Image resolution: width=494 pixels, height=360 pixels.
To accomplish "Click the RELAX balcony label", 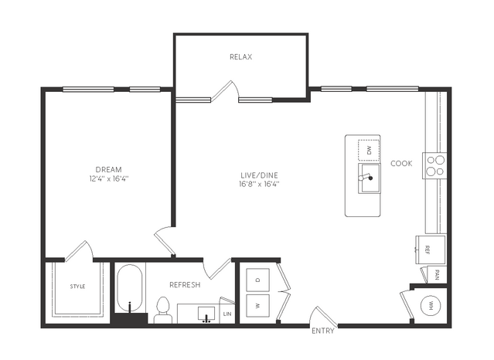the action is pyautogui.click(x=241, y=57).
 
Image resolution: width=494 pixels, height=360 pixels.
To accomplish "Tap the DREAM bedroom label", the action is pyautogui.click(x=109, y=169).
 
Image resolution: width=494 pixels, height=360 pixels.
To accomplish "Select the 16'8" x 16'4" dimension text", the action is pyautogui.click(x=259, y=184).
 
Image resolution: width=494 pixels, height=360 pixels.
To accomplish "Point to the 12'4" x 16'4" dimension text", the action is pyautogui.click(x=109, y=179).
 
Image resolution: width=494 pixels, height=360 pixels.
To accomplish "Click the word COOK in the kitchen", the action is pyautogui.click(x=401, y=164).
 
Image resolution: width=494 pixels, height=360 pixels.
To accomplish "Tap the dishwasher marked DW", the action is pyautogui.click(x=369, y=150).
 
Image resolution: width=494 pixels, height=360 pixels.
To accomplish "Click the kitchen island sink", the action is pyautogui.click(x=369, y=178).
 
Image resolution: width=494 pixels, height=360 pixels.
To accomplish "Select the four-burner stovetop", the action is pyautogui.click(x=434, y=165).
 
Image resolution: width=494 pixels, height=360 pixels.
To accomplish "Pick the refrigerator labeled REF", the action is pyautogui.click(x=431, y=250).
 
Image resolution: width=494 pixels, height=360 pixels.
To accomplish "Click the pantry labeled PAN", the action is pyautogui.click(x=435, y=275).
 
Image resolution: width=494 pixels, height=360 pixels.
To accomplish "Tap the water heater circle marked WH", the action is pyautogui.click(x=431, y=305).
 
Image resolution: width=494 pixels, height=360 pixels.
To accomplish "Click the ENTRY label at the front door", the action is pyautogui.click(x=323, y=331).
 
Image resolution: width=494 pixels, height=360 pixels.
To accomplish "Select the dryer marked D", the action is pyautogui.click(x=257, y=280).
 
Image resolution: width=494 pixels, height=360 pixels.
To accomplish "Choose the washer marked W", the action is pyautogui.click(x=257, y=305).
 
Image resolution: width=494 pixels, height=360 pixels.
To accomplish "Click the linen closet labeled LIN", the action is pyautogui.click(x=227, y=314).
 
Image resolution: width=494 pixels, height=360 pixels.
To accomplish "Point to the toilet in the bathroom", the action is pyautogui.click(x=163, y=311).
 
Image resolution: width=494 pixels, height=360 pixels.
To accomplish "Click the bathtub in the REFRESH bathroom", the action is pyautogui.click(x=130, y=288).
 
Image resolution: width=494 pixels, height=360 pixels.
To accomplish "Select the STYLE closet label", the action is pyautogui.click(x=77, y=287).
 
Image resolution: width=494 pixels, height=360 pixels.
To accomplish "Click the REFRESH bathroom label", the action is pyautogui.click(x=185, y=285).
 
